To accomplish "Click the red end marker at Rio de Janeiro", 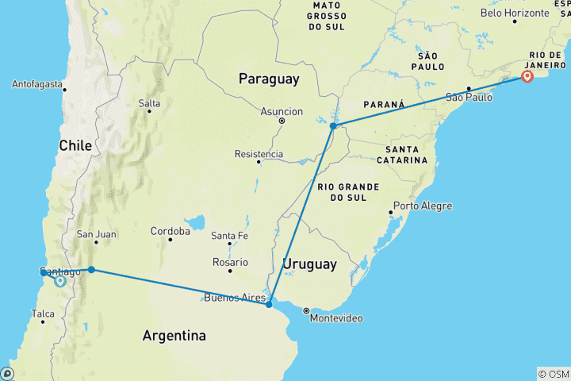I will coord(527,76).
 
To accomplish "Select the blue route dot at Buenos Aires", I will coord(270,304).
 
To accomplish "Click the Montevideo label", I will coord(336,318).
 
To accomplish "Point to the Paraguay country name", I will coord(270,79).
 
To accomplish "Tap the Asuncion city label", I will coord(282,112).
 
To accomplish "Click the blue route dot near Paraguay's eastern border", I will coord(333,126).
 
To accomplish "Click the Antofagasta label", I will coord(37,84).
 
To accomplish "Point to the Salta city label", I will coord(149,103).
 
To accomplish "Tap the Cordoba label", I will coord(171,232).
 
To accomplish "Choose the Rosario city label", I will coord(231,262).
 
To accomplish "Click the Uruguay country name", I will coord(310,264).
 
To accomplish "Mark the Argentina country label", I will coord(174,336).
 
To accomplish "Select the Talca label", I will coord(43,314).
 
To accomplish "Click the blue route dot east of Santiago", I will coord(92,270).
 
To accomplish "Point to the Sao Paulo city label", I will coord(469,98).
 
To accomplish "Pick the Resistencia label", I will coord(259,153).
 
